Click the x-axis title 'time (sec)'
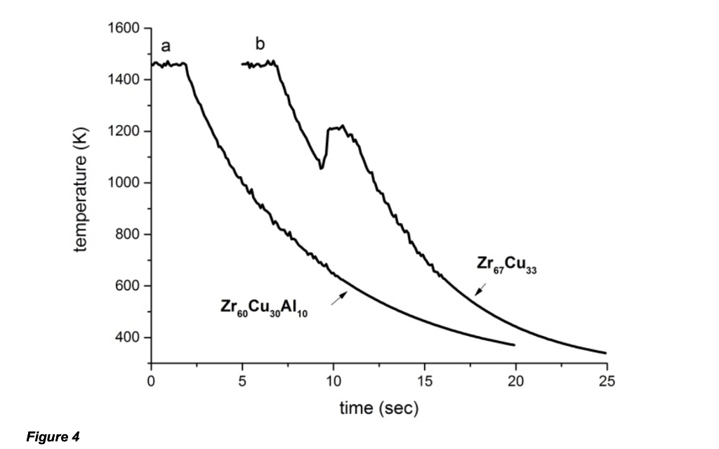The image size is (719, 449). click(x=378, y=408)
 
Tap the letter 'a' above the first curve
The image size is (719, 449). click(x=166, y=46)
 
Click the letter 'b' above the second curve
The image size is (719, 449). click(x=260, y=45)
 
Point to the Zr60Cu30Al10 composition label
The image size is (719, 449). click(x=264, y=309)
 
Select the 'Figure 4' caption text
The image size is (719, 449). click(x=53, y=436)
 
